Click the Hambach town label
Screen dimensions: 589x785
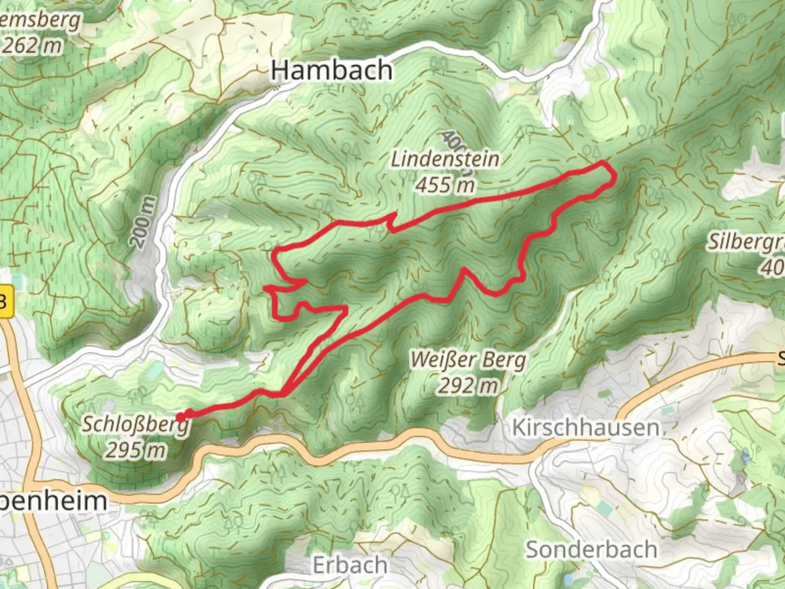coord(331,71)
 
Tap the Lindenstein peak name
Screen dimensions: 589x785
coord(445,159)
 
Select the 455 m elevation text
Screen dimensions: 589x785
coord(445,185)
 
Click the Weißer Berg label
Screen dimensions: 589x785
coord(469,360)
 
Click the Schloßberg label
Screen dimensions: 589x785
coord(135,424)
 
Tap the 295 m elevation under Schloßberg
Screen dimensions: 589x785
coord(135,450)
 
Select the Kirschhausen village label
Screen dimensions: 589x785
coord(585,428)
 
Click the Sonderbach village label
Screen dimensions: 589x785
coord(591,550)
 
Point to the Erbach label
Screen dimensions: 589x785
coord(351,565)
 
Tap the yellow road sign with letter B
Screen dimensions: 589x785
coord(5,300)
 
